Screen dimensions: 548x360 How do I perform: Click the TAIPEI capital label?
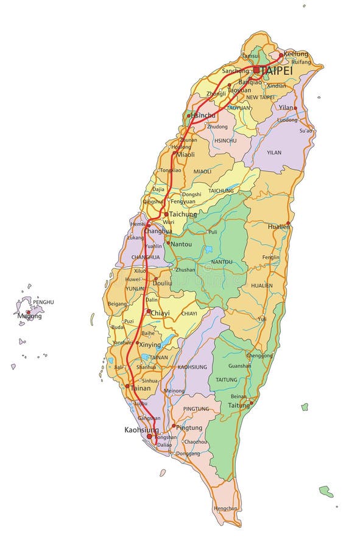276,71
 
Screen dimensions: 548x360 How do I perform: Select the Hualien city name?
279,226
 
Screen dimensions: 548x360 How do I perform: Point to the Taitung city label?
238,404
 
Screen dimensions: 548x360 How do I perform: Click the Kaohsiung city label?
141,429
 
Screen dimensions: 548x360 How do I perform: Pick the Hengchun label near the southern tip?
225,508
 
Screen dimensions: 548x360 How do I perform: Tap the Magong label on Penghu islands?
30,316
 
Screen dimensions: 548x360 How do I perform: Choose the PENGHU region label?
43,302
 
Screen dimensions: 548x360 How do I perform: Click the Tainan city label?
140,387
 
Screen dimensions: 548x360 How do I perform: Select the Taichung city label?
183,214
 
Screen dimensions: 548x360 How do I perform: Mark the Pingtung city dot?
173,426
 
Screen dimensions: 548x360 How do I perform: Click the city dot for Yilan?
295,108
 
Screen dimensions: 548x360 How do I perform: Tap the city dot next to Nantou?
168,242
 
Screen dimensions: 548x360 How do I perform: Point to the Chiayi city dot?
148,311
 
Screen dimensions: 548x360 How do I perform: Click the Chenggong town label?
259,355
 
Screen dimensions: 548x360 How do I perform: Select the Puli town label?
213,232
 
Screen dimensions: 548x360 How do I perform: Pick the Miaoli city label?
185,155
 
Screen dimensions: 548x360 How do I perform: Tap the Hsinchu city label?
203,115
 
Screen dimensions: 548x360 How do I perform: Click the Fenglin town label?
271,258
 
